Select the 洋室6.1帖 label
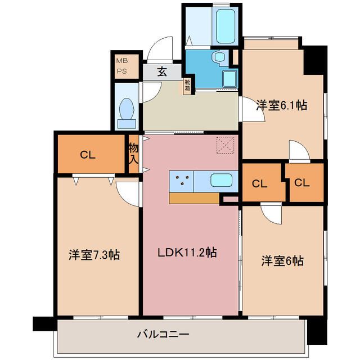(281, 105)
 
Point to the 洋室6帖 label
(282, 261)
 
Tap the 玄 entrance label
(161, 71)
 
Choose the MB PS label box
(121, 66)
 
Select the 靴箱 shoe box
(187, 85)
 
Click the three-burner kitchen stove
(182, 181)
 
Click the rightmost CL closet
(301, 182)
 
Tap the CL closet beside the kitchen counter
(259, 183)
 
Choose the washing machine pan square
(229, 78)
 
